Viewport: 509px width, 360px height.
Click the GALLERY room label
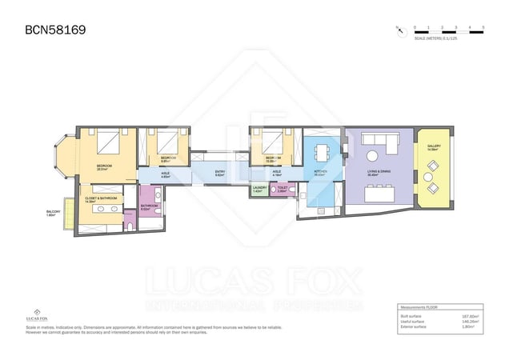434,147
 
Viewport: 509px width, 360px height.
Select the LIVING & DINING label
379,171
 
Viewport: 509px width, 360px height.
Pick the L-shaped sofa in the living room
382,142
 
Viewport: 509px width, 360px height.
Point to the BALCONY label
54,213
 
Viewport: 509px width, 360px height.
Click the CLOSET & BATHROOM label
102,199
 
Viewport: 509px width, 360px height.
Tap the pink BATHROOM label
150,206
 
